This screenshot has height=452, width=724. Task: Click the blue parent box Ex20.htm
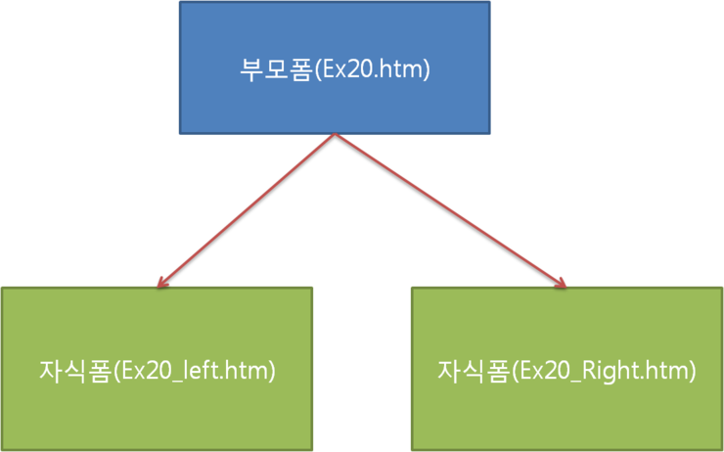[x=335, y=68]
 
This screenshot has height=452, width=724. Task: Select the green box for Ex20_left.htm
[x=157, y=369]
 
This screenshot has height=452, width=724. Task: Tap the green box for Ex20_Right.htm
[x=567, y=369]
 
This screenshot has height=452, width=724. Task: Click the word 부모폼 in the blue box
[x=274, y=70]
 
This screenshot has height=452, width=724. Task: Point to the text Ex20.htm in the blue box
[x=370, y=70]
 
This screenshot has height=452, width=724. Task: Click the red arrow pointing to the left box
[x=247, y=210]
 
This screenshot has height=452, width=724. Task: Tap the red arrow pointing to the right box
[x=451, y=210]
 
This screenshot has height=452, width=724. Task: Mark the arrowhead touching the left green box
[x=161, y=283]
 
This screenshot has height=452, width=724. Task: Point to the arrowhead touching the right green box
[x=561, y=283]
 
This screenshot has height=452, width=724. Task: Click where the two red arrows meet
[x=336, y=134]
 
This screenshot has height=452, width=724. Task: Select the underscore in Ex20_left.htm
[x=173, y=383]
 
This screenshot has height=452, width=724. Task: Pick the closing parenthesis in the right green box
[x=692, y=372]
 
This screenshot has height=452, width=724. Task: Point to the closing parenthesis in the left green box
[x=272, y=372]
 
